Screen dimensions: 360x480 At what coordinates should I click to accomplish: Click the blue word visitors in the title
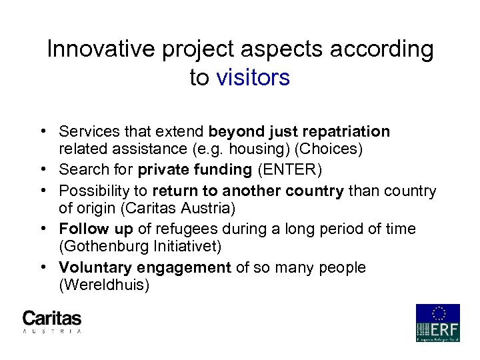point(253,78)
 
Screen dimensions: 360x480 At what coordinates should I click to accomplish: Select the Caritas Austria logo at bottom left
point(52,321)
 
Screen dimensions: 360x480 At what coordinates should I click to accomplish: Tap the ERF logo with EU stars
point(437,323)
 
